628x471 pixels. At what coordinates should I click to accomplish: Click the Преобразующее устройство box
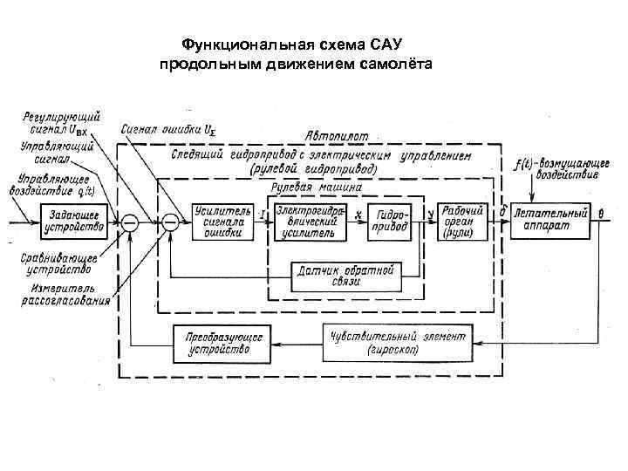pos(212,343)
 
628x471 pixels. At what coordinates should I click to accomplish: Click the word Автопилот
pos(337,136)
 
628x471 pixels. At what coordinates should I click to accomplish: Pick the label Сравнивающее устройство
pos(55,263)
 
